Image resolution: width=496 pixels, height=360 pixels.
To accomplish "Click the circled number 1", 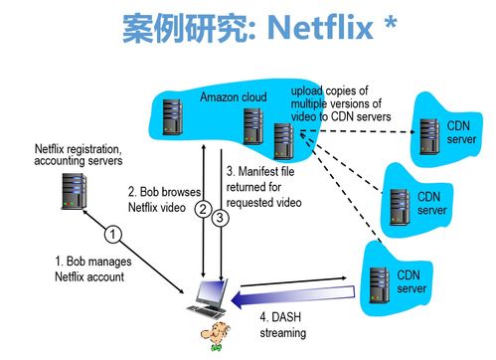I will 114,235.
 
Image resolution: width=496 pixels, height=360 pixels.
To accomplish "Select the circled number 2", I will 203,210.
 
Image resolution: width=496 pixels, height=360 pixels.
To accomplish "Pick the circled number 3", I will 221,217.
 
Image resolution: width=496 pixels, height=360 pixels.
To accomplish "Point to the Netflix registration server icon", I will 73,190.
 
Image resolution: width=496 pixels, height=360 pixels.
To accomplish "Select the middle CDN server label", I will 431,204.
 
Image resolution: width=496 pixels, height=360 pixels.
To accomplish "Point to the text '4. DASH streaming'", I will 283,325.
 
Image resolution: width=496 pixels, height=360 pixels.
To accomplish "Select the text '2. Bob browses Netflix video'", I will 164,199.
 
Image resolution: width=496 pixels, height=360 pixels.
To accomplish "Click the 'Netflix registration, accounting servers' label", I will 79,154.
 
